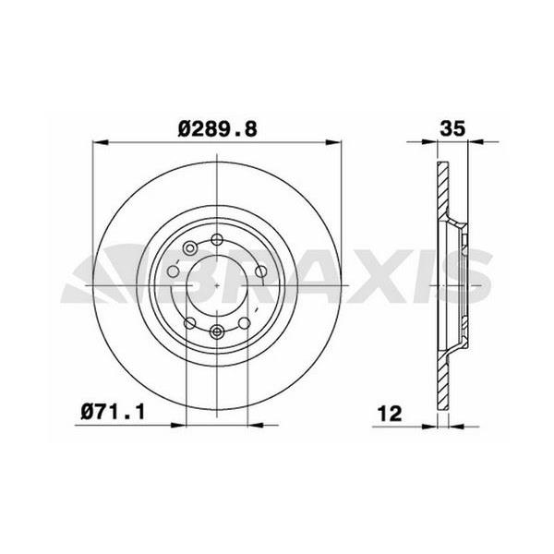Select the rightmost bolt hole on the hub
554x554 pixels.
[x=260, y=271]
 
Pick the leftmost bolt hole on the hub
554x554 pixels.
[x=172, y=273]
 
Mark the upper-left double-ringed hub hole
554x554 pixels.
[x=189, y=247]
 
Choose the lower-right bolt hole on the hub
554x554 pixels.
[x=244, y=322]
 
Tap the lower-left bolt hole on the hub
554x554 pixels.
[x=189, y=322]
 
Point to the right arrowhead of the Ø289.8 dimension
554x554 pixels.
[x=333, y=143]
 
